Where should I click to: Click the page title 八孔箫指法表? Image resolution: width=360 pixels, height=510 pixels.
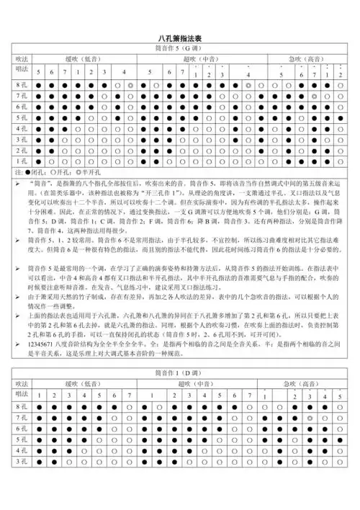180,37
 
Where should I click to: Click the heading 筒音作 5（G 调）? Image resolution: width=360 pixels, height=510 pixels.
180,48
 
